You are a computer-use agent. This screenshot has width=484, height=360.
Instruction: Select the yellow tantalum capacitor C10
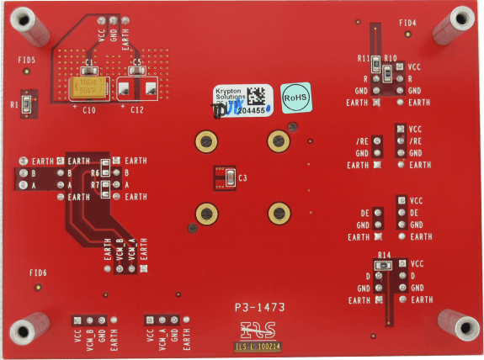[x=88, y=88]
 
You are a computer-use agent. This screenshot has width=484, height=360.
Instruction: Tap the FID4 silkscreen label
[x=407, y=23]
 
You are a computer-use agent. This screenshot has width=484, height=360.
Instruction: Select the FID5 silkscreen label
[x=27, y=61]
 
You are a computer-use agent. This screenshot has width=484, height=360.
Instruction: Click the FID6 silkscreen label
[x=38, y=273]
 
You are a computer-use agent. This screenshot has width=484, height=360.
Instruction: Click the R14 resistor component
[x=386, y=264]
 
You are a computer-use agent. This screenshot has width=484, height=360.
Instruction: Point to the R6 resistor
[x=106, y=173]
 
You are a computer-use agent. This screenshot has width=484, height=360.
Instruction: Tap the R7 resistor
[x=106, y=185]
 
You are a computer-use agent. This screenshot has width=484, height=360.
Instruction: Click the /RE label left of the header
[x=362, y=141]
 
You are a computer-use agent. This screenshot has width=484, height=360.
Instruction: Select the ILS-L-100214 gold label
[x=257, y=345]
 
